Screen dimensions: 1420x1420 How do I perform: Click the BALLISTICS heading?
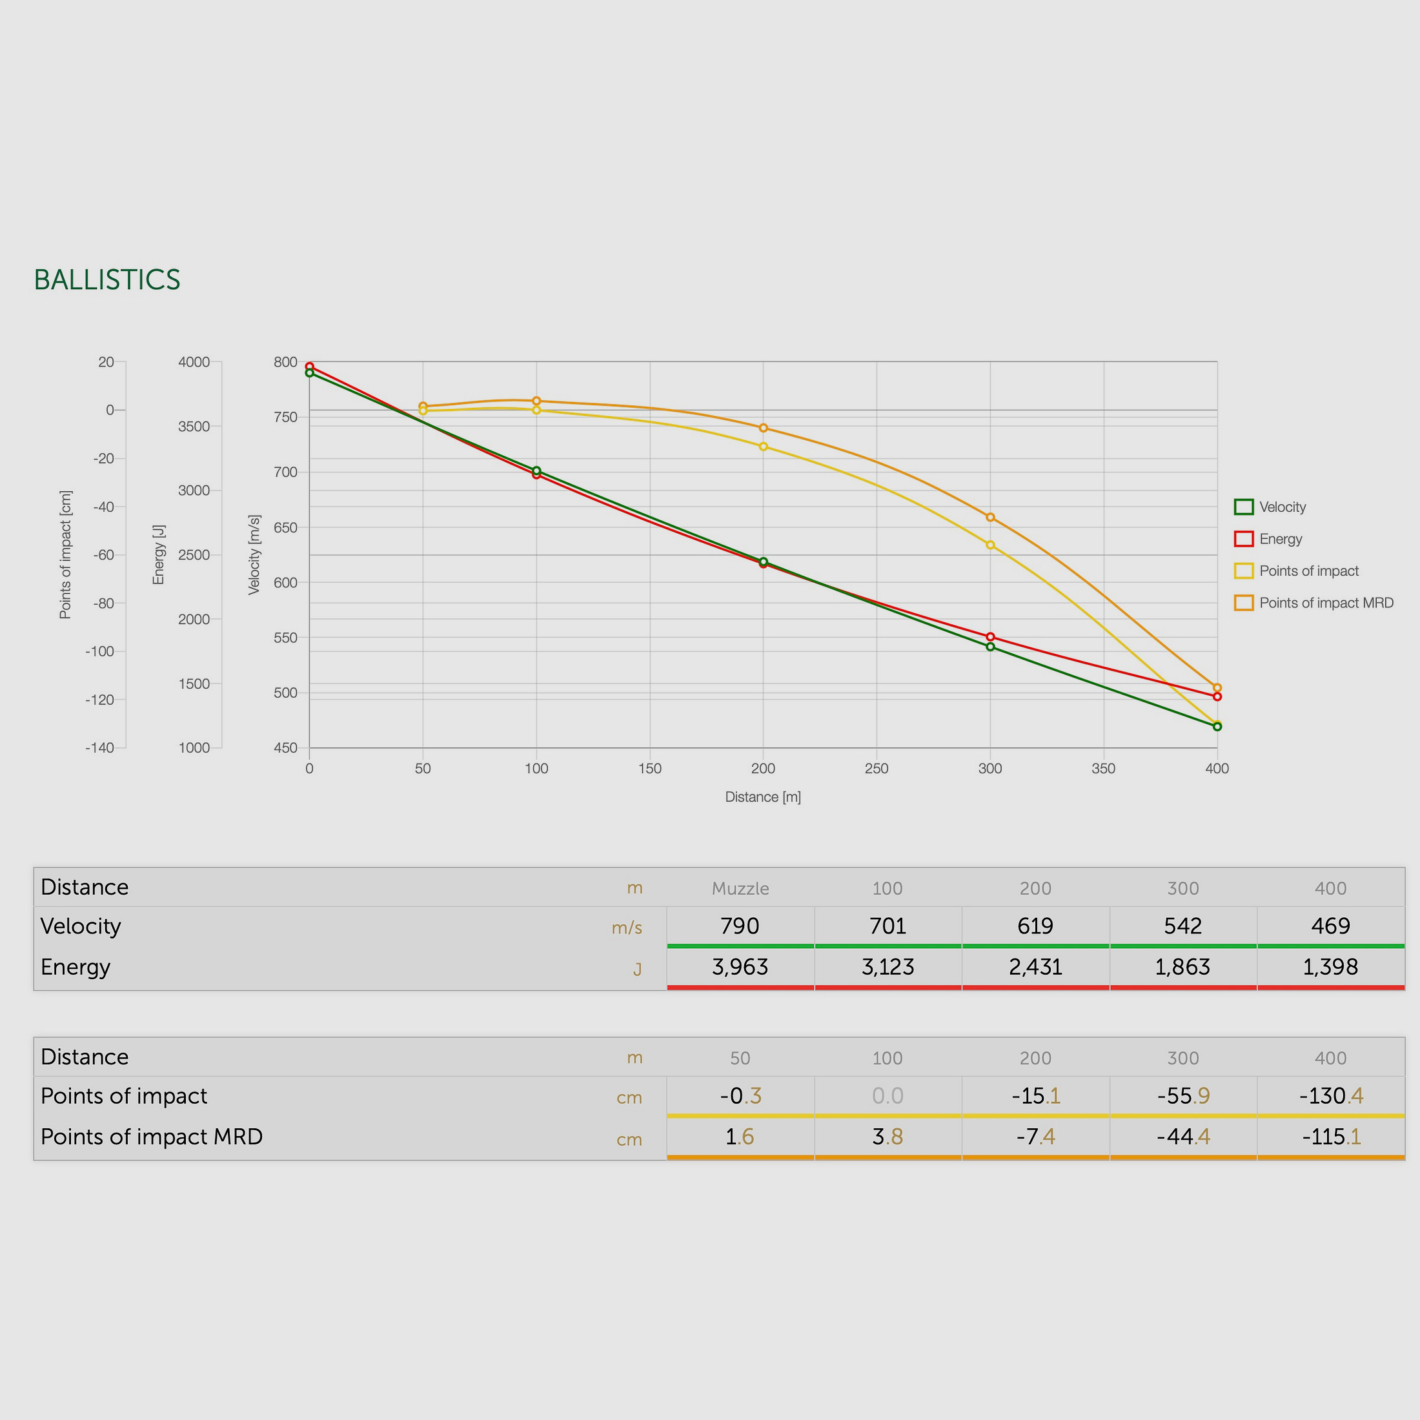(x=107, y=280)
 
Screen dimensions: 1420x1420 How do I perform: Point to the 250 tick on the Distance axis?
(x=876, y=769)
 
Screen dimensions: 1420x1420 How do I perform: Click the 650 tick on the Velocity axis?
(x=285, y=528)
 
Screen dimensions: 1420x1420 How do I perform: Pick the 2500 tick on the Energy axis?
(x=194, y=555)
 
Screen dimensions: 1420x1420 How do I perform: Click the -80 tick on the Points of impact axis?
(x=104, y=603)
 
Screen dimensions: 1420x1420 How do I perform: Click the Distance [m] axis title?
(x=763, y=796)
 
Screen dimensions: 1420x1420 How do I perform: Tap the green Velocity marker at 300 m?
(x=990, y=647)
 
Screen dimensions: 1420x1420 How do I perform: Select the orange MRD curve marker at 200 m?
(x=763, y=428)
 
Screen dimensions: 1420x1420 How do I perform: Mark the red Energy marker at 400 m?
(x=1217, y=696)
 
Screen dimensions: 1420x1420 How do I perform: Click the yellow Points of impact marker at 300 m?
(x=990, y=545)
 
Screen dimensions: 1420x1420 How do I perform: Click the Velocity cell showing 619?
(x=1035, y=926)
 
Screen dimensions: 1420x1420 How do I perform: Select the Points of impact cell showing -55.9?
(x=1182, y=1096)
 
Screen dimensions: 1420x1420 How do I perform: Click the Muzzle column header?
(x=740, y=888)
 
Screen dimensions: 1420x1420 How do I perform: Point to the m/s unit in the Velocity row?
(x=626, y=928)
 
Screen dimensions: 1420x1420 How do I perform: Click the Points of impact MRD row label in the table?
(x=152, y=1137)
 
